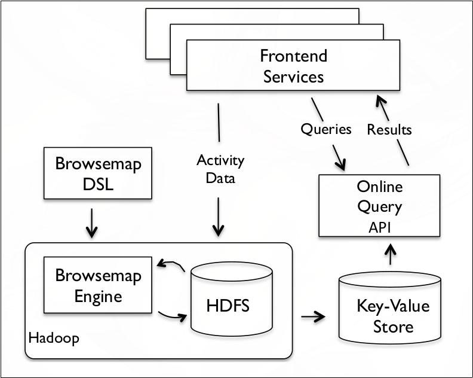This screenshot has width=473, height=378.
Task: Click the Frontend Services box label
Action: coord(293,66)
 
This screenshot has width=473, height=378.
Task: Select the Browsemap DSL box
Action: coord(91,173)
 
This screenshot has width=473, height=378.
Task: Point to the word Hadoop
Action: coord(54,338)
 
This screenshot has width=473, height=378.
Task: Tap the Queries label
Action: coord(326,129)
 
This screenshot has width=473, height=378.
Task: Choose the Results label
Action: coord(389,129)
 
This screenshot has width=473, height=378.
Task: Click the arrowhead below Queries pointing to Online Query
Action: coord(342,163)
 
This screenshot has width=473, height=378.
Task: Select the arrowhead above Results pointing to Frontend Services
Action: coord(379,103)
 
